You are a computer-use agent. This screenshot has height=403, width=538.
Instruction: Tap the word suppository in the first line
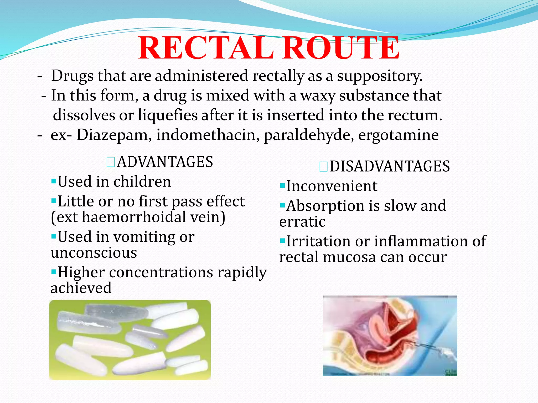[379, 76]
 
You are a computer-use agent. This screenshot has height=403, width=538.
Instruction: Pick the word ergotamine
[398, 136]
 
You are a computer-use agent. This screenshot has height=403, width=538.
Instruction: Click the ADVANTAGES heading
[165, 162]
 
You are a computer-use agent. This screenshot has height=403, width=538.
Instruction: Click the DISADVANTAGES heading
[390, 166]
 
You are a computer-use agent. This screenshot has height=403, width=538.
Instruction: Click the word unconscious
[94, 253]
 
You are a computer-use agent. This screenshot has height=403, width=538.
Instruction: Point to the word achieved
[81, 288]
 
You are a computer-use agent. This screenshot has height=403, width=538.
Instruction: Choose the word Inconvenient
[332, 186]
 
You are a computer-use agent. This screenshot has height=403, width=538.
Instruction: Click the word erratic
[302, 222]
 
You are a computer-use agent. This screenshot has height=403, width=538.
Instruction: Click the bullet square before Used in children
[54, 181]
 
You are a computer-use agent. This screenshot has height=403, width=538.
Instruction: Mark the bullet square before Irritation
[282, 241]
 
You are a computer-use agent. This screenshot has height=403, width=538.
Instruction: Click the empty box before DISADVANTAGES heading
[323, 167]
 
